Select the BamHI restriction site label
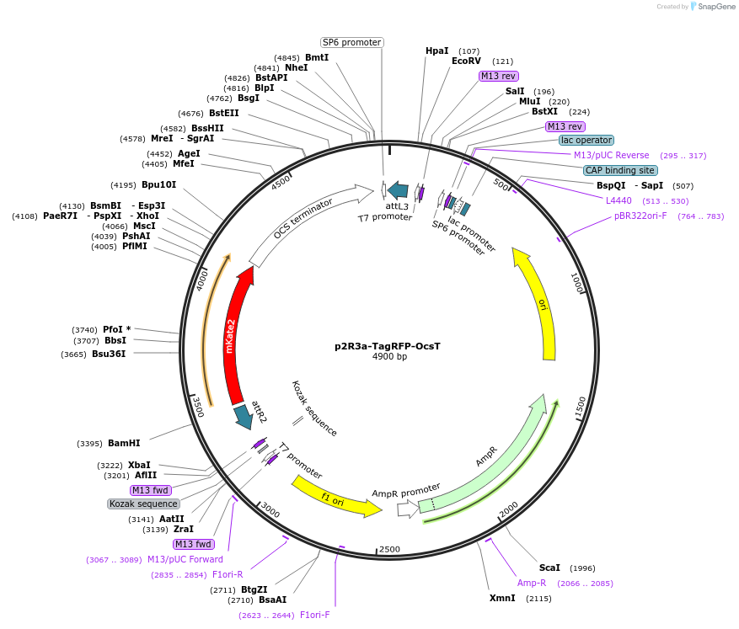point(124,443)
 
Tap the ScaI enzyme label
point(549,568)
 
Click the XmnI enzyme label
point(502,598)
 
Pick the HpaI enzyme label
point(437,51)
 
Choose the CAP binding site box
point(620,170)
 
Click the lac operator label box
point(586,141)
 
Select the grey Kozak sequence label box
point(143,504)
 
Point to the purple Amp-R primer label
point(532,583)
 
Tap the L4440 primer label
point(619,200)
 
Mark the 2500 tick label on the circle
point(389,550)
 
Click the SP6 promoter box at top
point(351,42)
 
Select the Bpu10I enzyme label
point(158,184)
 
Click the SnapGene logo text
point(713,7)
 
